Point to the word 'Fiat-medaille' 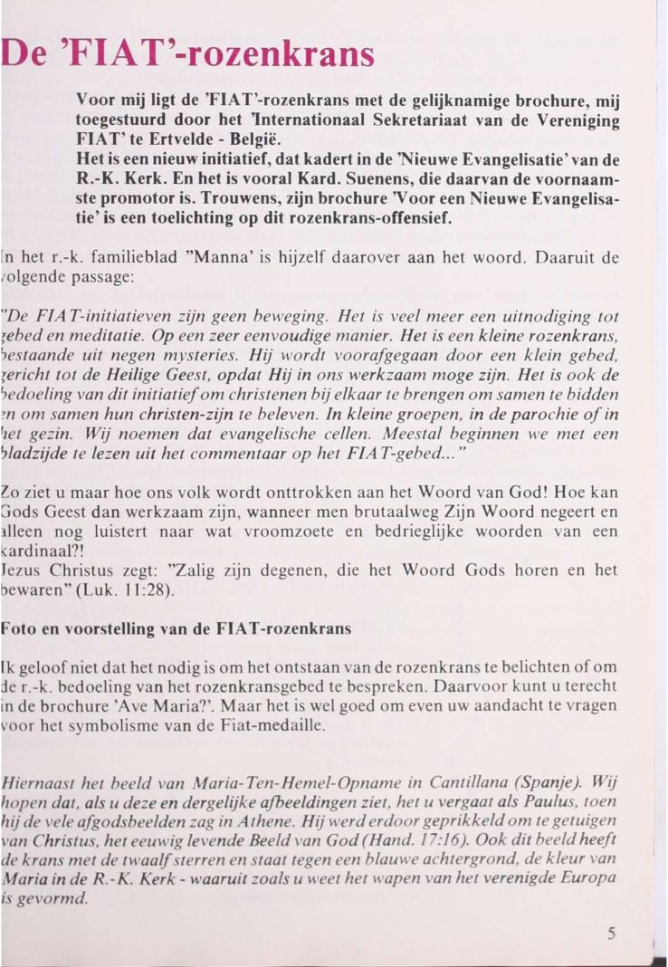[278, 723]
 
